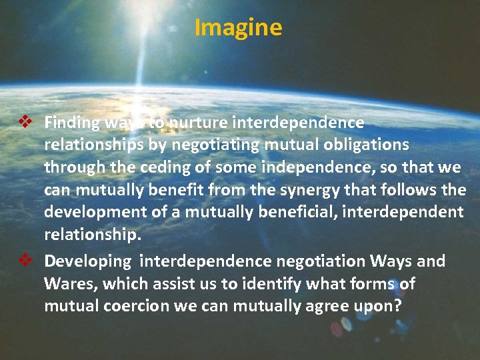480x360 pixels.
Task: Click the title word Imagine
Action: pyautogui.click(x=238, y=28)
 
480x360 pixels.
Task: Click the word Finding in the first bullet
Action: pyautogui.click(x=71, y=123)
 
